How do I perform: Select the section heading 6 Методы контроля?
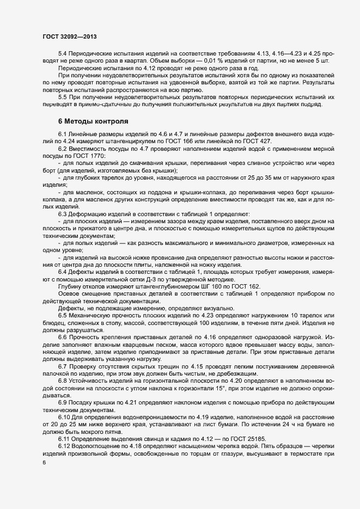click(93, 121)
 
